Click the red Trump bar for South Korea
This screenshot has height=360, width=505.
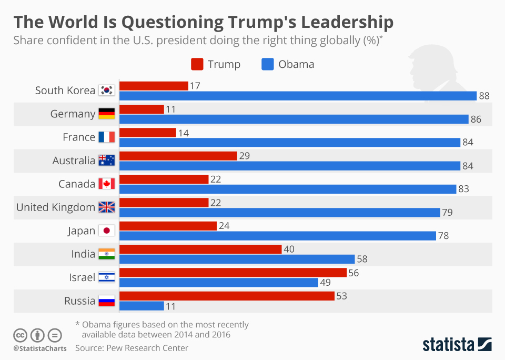pyautogui.click(x=154, y=86)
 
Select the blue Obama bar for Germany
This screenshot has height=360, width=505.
pyautogui.click(x=294, y=119)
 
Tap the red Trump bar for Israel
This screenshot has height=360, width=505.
pyautogui.click(x=233, y=273)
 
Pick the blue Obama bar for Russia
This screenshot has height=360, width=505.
pyautogui.click(x=142, y=306)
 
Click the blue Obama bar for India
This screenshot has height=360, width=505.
pyautogui.click(x=237, y=259)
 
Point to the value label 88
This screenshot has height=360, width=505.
pyautogui.click(x=484, y=96)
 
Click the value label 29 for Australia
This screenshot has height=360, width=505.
pyautogui.click(x=244, y=156)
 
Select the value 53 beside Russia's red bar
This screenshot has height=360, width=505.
pyautogui.click(x=341, y=296)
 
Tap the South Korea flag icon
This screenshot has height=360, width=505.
pyautogui.click(x=107, y=91)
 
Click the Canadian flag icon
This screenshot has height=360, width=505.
pyautogui.click(x=107, y=184)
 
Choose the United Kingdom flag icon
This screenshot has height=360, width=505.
pyautogui.click(x=107, y=207)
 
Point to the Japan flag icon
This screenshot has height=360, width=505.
pyautogui.click(x=107, y=231)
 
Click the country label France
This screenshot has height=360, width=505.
pyautogui.click(x=79, y=137)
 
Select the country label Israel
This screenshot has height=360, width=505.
pyautogui.click(x=82, y=277)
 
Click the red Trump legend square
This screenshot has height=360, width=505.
pyautogui.click(x=197, y=64)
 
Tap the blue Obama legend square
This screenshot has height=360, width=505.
pyautogui.click(x=267, y=64)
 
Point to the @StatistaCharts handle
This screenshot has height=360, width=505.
pyautogui.click(x=40, y=348)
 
